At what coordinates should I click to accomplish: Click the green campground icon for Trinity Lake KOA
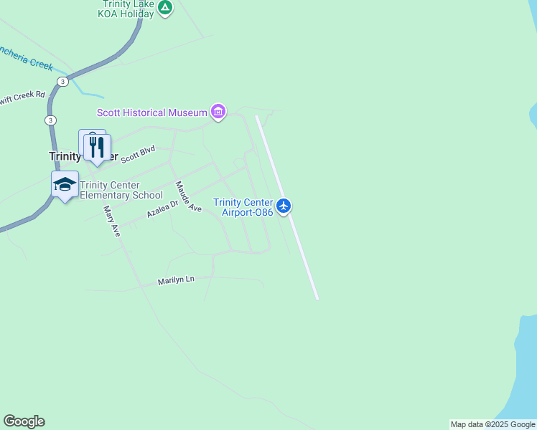click(x=165, y=8)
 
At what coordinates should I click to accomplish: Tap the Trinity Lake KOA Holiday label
click(x=128, y=8)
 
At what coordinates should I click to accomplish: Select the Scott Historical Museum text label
click(x=152, y=113)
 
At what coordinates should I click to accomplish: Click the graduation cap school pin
click(x=65, y=184)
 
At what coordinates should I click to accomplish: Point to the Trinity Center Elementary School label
click(x=121, y=190)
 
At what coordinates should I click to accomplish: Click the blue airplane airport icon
click(x=284, y=206)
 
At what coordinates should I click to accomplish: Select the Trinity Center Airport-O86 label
click(x=243, y=207)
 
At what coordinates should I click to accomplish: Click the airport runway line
click(x=302, y=251)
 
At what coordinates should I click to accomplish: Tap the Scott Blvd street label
click(x=138, y=154)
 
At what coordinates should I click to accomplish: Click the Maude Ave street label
click(x=189, y=196)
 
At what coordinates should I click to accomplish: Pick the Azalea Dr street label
click(x=162, y=210)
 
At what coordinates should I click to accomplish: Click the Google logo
click(x=24, y=421)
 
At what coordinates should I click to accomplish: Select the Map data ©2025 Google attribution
click(x=492, y=425)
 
